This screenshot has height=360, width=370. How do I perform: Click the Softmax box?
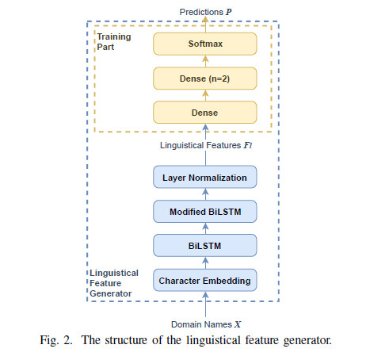[205, 44]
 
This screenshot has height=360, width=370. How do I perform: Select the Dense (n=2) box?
[205, 79]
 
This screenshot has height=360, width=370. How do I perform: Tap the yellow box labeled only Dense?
[205, 113]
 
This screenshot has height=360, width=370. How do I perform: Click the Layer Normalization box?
[205, 177]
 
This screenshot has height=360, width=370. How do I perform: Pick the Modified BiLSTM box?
[205, 212]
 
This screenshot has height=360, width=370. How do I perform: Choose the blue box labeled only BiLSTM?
[205, 246]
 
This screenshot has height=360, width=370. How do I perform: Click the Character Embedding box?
[205, 280]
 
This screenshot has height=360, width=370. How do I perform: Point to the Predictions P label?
[205, 12]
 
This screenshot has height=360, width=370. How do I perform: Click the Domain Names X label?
[206, 324]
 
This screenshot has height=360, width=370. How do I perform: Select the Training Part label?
[114, 41]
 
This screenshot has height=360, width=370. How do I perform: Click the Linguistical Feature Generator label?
[114, 283]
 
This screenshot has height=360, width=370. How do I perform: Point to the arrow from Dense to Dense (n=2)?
[205, 95]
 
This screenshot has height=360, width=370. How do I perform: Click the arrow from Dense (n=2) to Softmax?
[205, 61]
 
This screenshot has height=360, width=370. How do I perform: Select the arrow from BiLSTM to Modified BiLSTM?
[205, 228]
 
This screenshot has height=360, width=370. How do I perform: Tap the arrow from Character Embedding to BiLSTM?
[205, 263]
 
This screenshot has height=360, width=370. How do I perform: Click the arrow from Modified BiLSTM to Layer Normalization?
[205, 194]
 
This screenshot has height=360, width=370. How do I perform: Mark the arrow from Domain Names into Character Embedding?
[205, 304]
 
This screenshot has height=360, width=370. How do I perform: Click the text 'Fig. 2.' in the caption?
[56, 340]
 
